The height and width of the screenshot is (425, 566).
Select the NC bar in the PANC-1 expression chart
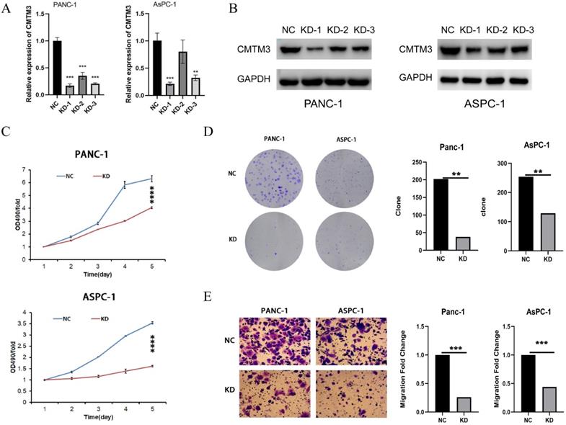[x=57, y=68]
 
